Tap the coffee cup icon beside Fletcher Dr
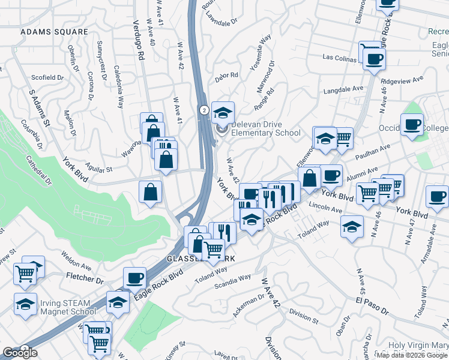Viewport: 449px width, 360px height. pos(134,278)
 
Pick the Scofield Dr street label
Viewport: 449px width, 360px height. pos(47,77)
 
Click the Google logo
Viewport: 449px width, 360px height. pos(19,353)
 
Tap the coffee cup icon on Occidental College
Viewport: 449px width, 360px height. pos(412,125)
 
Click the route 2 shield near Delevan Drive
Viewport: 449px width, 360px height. pos(204,110)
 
